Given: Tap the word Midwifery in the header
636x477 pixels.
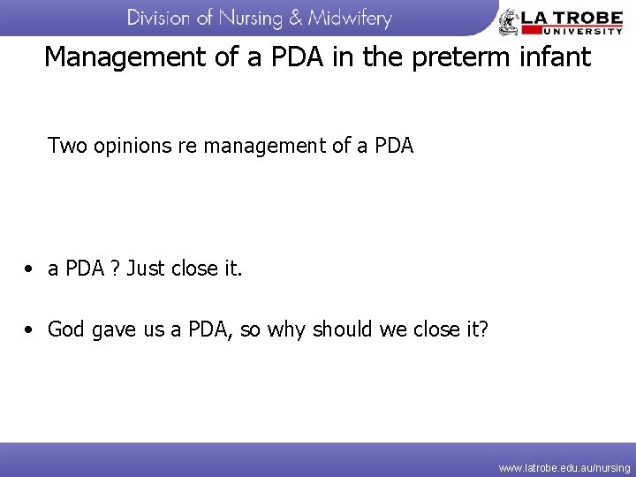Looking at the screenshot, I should click(350, 18).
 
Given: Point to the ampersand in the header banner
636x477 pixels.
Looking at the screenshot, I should click(296, 18).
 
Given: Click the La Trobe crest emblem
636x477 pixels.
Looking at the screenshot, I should click(510, 21).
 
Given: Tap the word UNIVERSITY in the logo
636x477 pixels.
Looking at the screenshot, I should click(573, 29).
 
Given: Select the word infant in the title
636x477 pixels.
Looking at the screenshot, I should click(557, 57).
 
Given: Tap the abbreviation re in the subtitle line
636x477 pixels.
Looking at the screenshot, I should click(187, 146).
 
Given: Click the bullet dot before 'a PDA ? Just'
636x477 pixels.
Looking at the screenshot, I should click(30, 269).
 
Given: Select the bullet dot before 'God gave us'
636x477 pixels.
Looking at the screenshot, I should click(30, 330).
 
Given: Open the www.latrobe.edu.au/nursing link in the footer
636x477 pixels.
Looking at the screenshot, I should click(564, 467).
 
